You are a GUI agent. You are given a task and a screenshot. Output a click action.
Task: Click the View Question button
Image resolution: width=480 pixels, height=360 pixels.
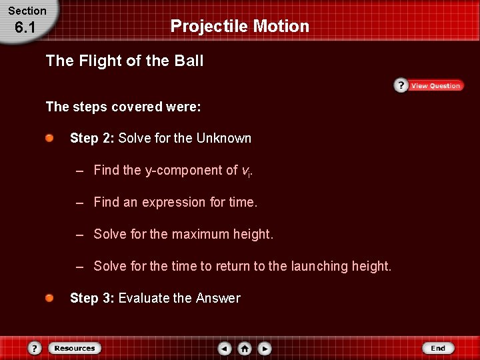[428, 86]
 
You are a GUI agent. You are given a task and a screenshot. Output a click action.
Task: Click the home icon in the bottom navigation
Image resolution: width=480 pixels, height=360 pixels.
[245, 349]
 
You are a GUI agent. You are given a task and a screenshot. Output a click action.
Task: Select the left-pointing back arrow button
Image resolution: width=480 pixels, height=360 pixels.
[225, 349]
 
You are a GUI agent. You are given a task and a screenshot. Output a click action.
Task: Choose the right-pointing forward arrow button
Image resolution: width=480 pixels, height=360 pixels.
[265, 349]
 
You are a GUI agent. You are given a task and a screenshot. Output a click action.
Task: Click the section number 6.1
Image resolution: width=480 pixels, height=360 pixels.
[27, 28]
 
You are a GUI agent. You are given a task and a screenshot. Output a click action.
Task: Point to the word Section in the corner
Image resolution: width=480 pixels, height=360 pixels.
[27, 11]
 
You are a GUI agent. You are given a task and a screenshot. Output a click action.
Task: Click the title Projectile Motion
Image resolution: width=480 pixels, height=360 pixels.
[240, 26]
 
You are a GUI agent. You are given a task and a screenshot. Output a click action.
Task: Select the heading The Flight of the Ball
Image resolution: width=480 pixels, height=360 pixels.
[125, 61]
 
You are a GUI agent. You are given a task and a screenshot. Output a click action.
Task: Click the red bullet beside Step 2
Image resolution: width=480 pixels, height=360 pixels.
[51, 138]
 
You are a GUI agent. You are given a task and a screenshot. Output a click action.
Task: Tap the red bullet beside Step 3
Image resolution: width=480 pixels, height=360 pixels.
[51, 298]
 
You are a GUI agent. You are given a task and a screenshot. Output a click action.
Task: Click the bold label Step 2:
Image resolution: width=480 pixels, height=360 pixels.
[93, 139]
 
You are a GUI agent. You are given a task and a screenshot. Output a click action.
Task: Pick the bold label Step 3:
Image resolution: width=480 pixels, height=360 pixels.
[93, 299]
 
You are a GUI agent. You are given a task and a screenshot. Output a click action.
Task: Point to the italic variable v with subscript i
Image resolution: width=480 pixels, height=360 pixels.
[247, 171]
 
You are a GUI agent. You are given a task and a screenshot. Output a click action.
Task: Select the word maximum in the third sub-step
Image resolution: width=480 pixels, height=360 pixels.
[200, 235]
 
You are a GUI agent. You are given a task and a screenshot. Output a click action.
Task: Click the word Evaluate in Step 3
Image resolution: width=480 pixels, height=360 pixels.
[143, 299]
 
